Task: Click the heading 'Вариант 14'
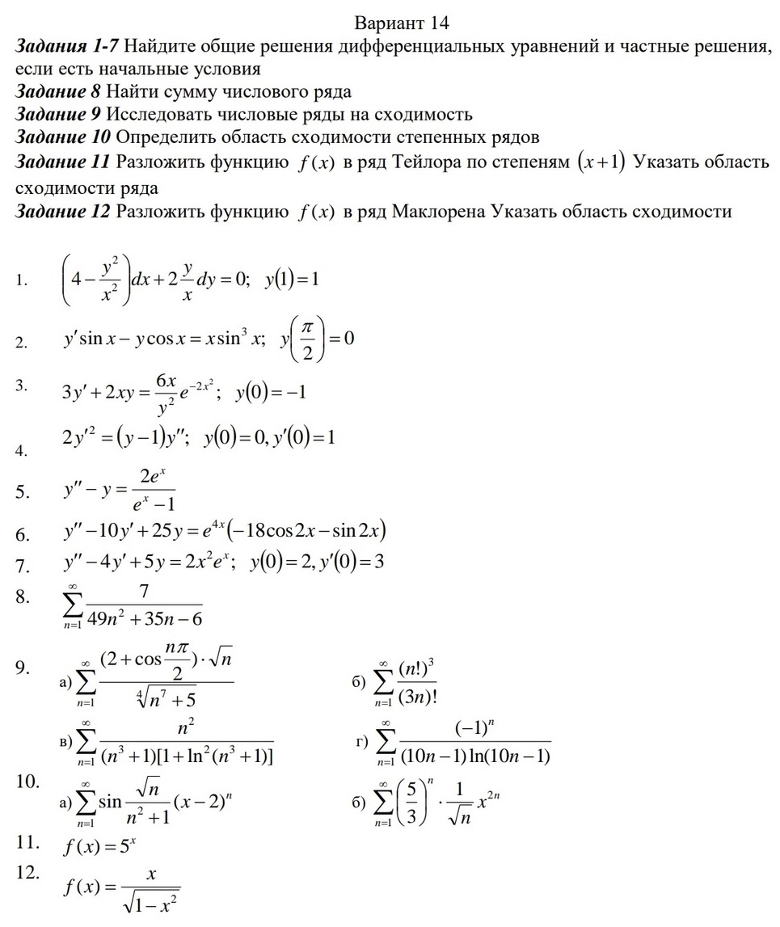coord(402,22)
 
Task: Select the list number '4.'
coord(23,451)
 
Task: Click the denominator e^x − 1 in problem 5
coord(149,506)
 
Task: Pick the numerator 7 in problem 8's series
coord(143,592)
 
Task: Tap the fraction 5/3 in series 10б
coord(411,802)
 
